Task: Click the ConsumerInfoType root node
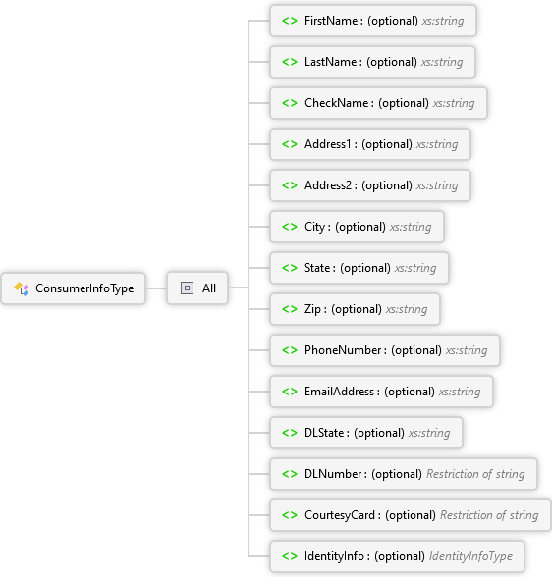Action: (74, 288)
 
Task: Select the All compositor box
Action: (197, 288)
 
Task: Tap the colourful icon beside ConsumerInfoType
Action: (22, 288)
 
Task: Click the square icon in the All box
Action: (187, 288)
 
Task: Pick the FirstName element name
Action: (331, 21)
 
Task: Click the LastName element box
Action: (372, 62)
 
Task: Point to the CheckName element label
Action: (336, 103)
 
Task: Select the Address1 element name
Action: (328, 144)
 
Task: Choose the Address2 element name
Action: (328, 185)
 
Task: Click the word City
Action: (314, 227)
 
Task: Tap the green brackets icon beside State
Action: (290, 268)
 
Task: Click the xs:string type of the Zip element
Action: (407, 309)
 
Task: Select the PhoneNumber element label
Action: (343, 350)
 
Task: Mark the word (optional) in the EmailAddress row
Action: (410, 392)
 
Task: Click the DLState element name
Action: (324, 433)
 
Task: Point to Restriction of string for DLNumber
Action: (475, 474)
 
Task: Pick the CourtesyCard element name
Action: (340, 515)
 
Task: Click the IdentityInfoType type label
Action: (470, 556)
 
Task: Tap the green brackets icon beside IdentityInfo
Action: (290, 556)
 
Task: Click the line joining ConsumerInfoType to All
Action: (156, 288)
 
